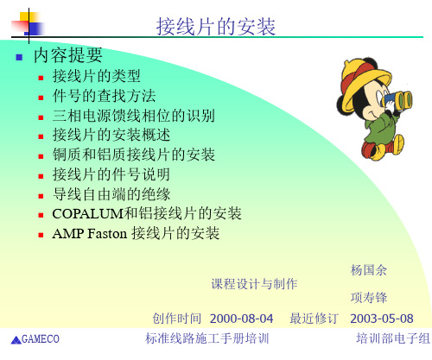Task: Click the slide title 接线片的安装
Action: point(216,27)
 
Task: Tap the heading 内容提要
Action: point(68,55)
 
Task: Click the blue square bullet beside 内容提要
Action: point(19,57)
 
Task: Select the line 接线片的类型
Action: point(97,76)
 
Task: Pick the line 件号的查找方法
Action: point(104,96)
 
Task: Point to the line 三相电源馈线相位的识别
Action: point(134,116)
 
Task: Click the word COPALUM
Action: point(88,214)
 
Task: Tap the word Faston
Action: point(107,233)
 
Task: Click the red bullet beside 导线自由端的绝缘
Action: point(41,196)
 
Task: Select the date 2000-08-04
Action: point(241,319)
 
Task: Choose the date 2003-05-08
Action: point(382,319)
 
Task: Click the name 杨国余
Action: point(369,270)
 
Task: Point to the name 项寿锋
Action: point(369,298)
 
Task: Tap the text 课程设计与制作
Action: point(254,284)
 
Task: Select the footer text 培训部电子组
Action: point(393,338)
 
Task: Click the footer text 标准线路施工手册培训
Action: point(207,338)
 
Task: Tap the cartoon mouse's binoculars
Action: point(397,101)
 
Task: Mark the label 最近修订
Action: point(314,319)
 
